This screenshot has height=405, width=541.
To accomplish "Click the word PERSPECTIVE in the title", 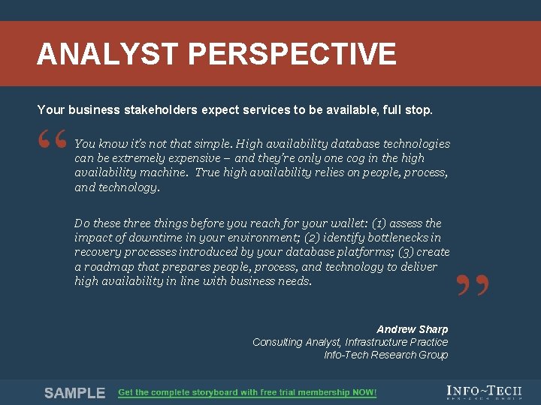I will (292, 55).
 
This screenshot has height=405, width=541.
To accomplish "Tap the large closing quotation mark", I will (473, 287).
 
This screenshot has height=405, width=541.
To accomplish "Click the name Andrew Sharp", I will (412, 329).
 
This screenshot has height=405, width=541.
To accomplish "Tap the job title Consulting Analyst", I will (296, 342).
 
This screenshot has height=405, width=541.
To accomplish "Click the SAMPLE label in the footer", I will (74, 393).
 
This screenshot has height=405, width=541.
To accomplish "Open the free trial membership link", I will (247, 393).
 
